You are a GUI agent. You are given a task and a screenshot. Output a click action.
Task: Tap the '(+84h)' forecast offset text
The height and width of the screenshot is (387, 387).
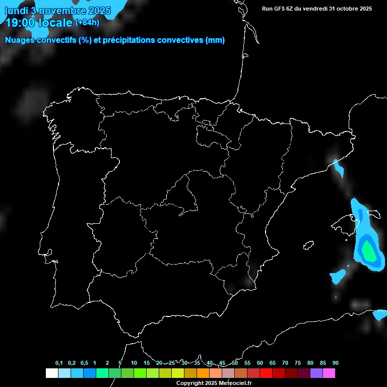click(87, 22)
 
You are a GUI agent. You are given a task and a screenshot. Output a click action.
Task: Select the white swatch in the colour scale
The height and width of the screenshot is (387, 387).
click(51, 373)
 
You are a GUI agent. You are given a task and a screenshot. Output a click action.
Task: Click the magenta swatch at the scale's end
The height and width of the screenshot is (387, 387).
click(329, 373)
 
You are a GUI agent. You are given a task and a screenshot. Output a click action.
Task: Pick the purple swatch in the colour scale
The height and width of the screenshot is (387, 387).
click(316, 373)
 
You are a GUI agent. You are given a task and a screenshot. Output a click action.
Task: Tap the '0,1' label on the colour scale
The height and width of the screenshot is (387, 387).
click(59, 363)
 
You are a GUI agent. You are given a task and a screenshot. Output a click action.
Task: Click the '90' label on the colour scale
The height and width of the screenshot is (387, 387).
click(336, 363)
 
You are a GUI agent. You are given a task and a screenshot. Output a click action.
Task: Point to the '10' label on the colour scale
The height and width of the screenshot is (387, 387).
click(134, 363)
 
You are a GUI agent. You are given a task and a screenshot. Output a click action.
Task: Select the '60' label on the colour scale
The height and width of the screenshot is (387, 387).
click(260, 363)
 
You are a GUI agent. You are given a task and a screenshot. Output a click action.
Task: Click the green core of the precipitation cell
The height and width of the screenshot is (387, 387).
click(369, 251)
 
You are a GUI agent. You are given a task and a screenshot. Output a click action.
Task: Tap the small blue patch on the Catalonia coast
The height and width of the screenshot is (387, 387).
click(338, 168)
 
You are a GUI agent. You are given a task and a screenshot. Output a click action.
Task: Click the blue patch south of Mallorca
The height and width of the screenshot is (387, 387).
click(338, 276)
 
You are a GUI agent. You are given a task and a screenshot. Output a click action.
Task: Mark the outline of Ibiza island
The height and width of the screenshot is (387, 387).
click(308, 245)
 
